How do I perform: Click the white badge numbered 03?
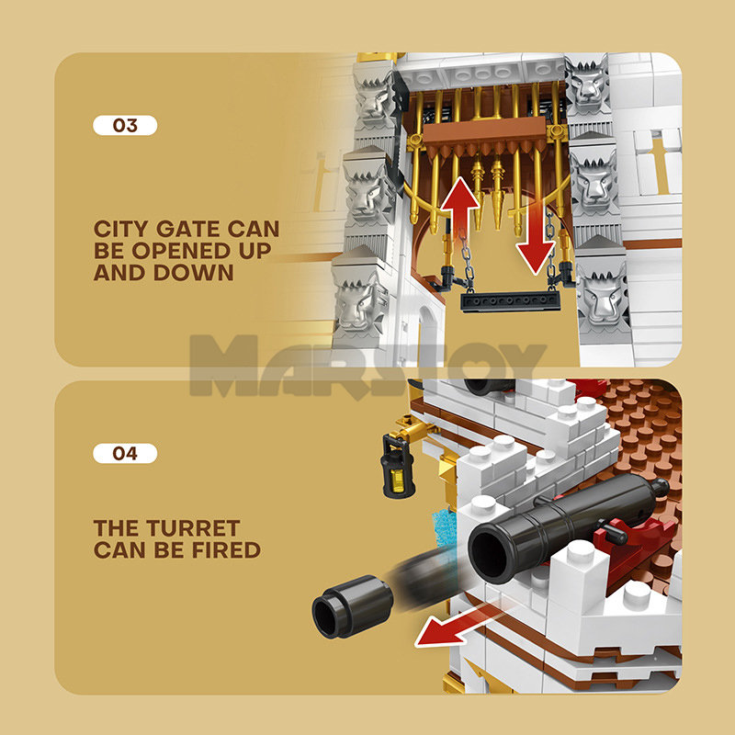pyautogui.click(x=125, y=125)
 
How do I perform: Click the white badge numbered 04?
pyautogui.click(x=125, y=453)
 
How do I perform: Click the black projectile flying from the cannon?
pyautogui.click(x=353, y=606)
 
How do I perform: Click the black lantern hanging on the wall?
pyautogui.click(x=398, y=466)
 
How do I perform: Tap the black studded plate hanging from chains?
pyautogui.click(x=510, y=302)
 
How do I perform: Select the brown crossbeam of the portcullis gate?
pyautogui.click(x=485, y=131)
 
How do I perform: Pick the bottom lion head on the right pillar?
pyautogui.click(x=604, y=295)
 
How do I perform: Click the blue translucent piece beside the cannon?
pyautogui.click(x=443, y=527)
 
